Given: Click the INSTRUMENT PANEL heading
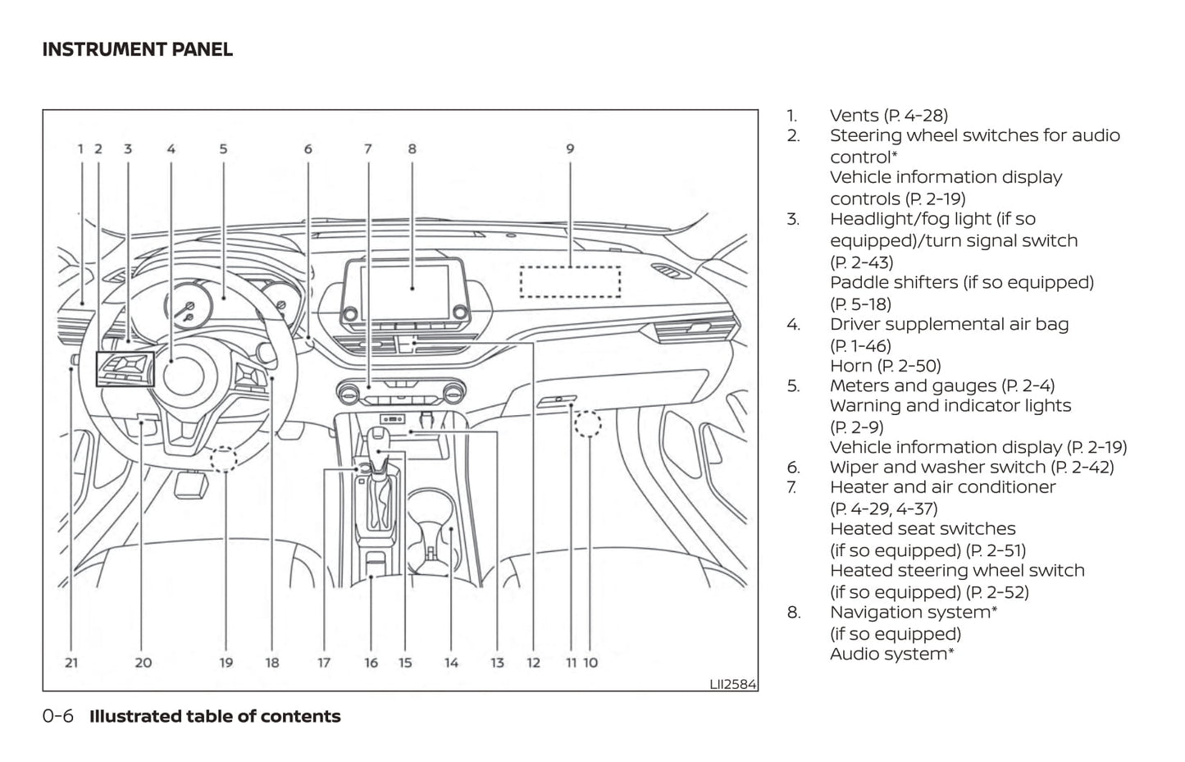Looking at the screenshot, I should click(137, 49).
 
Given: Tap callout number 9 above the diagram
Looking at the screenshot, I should click(570, 149).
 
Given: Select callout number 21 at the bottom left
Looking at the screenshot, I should click(71, 663).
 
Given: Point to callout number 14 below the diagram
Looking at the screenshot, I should click(451, 663).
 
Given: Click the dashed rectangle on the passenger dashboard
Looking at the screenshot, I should click(570, 281).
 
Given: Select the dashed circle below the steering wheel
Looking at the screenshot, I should click(223, 459).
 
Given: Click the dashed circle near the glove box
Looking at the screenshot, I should click(588, 424).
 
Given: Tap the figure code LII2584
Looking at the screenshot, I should click(733, 683).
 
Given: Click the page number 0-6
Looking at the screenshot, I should click(57, 716).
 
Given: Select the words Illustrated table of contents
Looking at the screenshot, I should click(215, 716).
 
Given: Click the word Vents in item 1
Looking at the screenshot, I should click(854, 116).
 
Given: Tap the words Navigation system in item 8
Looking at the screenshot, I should click(910, 612).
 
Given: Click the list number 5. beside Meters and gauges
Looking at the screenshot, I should click(793, 386).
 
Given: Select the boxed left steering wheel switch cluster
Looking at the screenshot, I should click(125, 368).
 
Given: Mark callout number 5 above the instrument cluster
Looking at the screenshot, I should click(223, 149).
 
